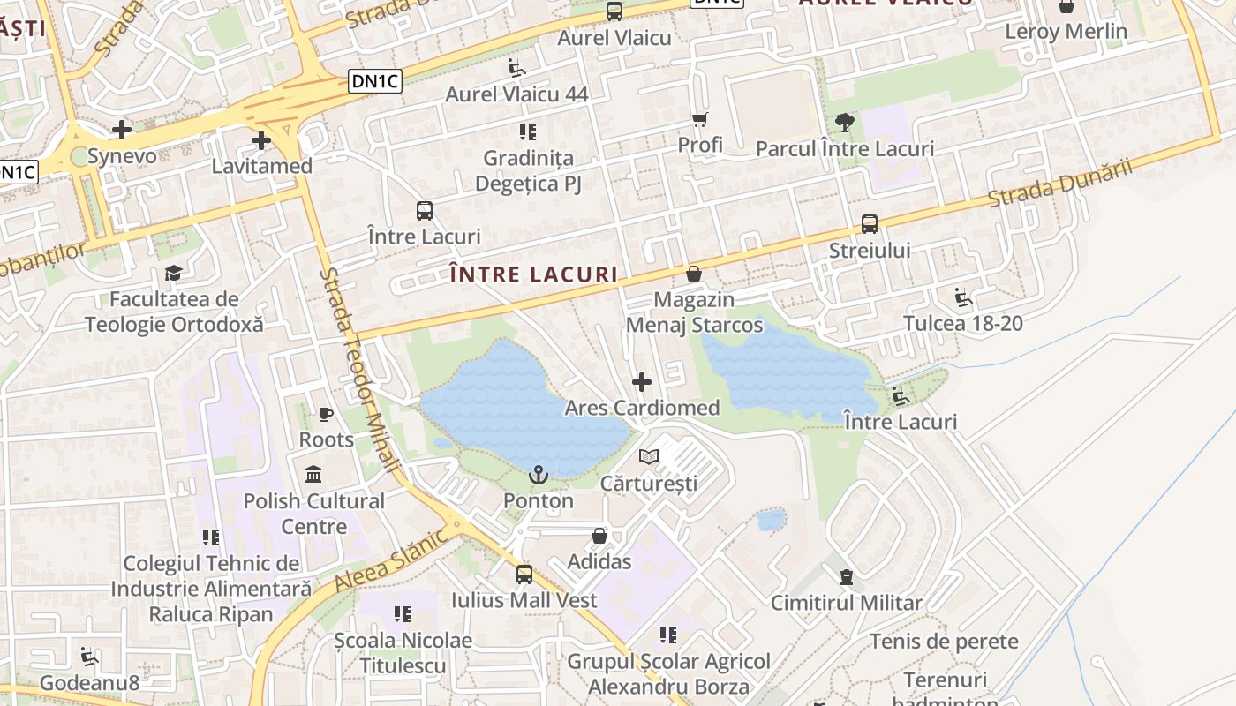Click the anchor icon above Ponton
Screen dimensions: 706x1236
539,476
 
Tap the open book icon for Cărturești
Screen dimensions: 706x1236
649,457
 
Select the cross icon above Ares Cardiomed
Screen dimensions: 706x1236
642,382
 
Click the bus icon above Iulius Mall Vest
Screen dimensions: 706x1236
524,575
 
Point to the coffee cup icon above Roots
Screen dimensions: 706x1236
326,414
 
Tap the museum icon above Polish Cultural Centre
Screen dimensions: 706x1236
313,475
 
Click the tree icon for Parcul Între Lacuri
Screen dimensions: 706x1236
845,123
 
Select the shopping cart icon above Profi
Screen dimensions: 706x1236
700,119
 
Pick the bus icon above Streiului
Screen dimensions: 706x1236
870,224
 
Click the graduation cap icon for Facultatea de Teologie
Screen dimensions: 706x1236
174,273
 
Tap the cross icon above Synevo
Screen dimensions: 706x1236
122,131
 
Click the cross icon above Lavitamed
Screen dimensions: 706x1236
260,140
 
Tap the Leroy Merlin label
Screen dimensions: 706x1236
1066,32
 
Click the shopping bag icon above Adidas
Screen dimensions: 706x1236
599,536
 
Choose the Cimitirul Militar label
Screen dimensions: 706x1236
847,604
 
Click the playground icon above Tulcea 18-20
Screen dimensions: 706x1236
963,297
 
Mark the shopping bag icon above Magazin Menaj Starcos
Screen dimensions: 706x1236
694,274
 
